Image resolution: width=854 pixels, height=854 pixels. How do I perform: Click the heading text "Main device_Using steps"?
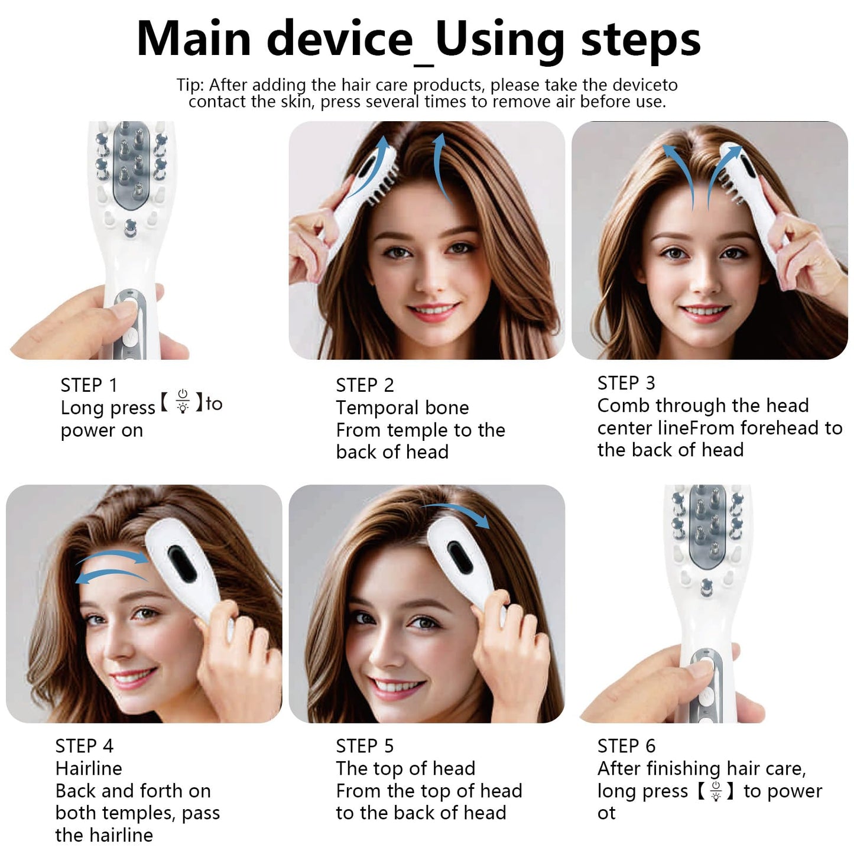click(x=418, y=40)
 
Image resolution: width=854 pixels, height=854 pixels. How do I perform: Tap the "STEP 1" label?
click(x=89, y=385)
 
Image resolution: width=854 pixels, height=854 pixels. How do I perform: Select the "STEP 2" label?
click(x=365, y=385)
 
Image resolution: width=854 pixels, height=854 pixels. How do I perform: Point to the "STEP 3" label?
click(x=626, y=384)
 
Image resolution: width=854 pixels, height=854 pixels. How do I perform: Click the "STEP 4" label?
click(x=84, y=746)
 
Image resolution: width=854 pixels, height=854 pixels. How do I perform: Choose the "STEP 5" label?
click(x=365, y=746)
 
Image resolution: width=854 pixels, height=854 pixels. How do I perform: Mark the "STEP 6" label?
click(x=626, y=746)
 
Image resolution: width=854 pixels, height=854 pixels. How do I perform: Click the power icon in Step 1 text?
click(x=183, y=401)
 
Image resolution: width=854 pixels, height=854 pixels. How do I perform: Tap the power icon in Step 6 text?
click(x=716, y=790)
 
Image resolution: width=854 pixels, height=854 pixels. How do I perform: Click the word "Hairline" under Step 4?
click(x=89, y=768)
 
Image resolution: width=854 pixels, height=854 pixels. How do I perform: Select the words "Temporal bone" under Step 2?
click(x=402, y=408)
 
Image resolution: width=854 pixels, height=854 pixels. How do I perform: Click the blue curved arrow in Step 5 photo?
click(x=458, y=512)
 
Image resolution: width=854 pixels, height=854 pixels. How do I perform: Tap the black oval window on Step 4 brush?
click(x=182, y=562)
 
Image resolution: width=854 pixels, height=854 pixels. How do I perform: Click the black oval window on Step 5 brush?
click(x=460, y=557)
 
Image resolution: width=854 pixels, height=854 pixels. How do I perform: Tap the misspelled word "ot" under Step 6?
click(x=606, y=813)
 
